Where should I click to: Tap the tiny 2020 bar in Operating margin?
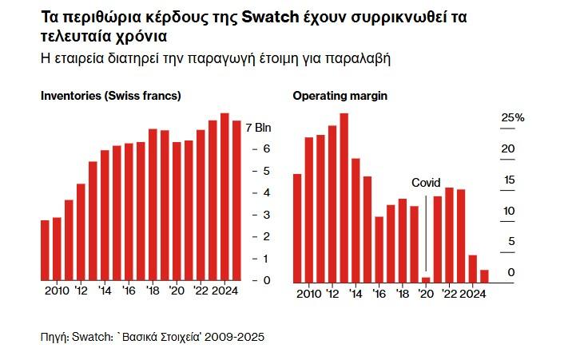click(x=426, y=279)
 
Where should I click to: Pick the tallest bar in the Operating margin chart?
click(x=344, y=197)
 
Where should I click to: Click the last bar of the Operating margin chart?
click(x=484, y=275)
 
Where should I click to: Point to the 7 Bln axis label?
click(x=259, y=128)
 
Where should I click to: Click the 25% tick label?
click(x=513, y=118)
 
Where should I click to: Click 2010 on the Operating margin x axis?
click(x=308, y=295)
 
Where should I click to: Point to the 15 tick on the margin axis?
click(x=508, y=180)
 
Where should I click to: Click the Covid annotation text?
click(x=426, y=183)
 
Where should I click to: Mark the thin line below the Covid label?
click(x=426, y=231)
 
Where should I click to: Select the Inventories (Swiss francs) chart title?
click(x=111, y=96)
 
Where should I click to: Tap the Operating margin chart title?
click(x=340, y=96)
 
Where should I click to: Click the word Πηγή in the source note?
click(x=54, y=337)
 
